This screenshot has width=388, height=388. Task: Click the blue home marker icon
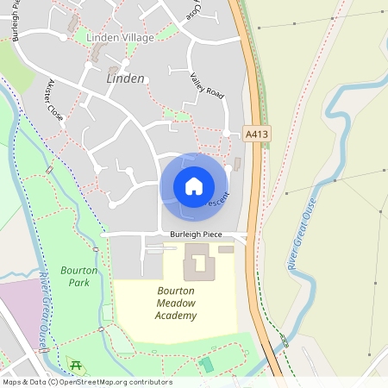coord(193,185)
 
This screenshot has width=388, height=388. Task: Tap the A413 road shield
coord(256,135)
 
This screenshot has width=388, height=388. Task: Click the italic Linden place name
coord(126,78)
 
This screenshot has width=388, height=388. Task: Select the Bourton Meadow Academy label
coord(177,303)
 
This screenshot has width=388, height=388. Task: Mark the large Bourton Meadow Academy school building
coord(197,260)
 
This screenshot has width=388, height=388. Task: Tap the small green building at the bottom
coord(207,365)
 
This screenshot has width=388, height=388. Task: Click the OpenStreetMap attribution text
coord(86,382)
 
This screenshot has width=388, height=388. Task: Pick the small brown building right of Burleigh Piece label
coord(226,249)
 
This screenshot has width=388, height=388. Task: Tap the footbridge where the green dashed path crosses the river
coord(285,342)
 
